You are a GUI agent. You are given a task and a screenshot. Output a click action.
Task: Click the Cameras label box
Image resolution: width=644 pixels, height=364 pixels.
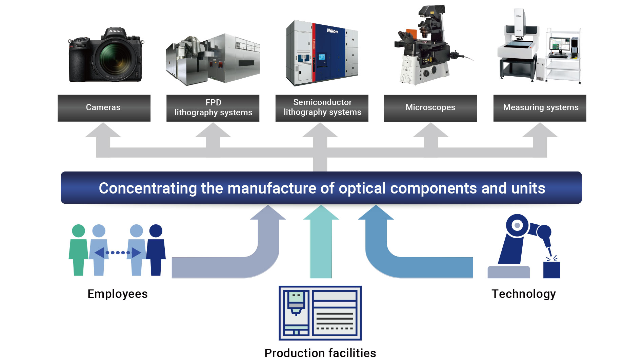[x=104, y=108]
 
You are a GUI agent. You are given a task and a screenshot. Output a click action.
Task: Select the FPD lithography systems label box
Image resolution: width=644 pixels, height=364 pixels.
[x=213, y=108]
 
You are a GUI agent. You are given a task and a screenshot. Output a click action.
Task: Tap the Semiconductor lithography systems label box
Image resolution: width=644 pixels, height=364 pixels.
[x=322, y=108]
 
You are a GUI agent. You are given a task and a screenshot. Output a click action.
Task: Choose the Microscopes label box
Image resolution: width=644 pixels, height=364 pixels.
[x=430, y=108]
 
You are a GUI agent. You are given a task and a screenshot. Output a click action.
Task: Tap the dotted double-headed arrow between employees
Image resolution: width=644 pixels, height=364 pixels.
[x=118, y=252]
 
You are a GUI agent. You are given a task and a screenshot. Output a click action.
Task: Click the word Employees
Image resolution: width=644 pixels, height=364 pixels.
[x=117, y=294]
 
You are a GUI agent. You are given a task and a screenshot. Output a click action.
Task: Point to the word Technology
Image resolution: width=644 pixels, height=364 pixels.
[x=523, y=294]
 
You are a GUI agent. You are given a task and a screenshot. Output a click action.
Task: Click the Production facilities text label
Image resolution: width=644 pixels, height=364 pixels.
[x=320, y=353]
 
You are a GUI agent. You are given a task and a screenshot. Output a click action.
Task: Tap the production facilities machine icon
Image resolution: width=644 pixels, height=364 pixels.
[x=320, y=313]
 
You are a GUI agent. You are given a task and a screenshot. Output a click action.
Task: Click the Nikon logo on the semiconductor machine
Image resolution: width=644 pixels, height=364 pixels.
[x=332, y=31]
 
